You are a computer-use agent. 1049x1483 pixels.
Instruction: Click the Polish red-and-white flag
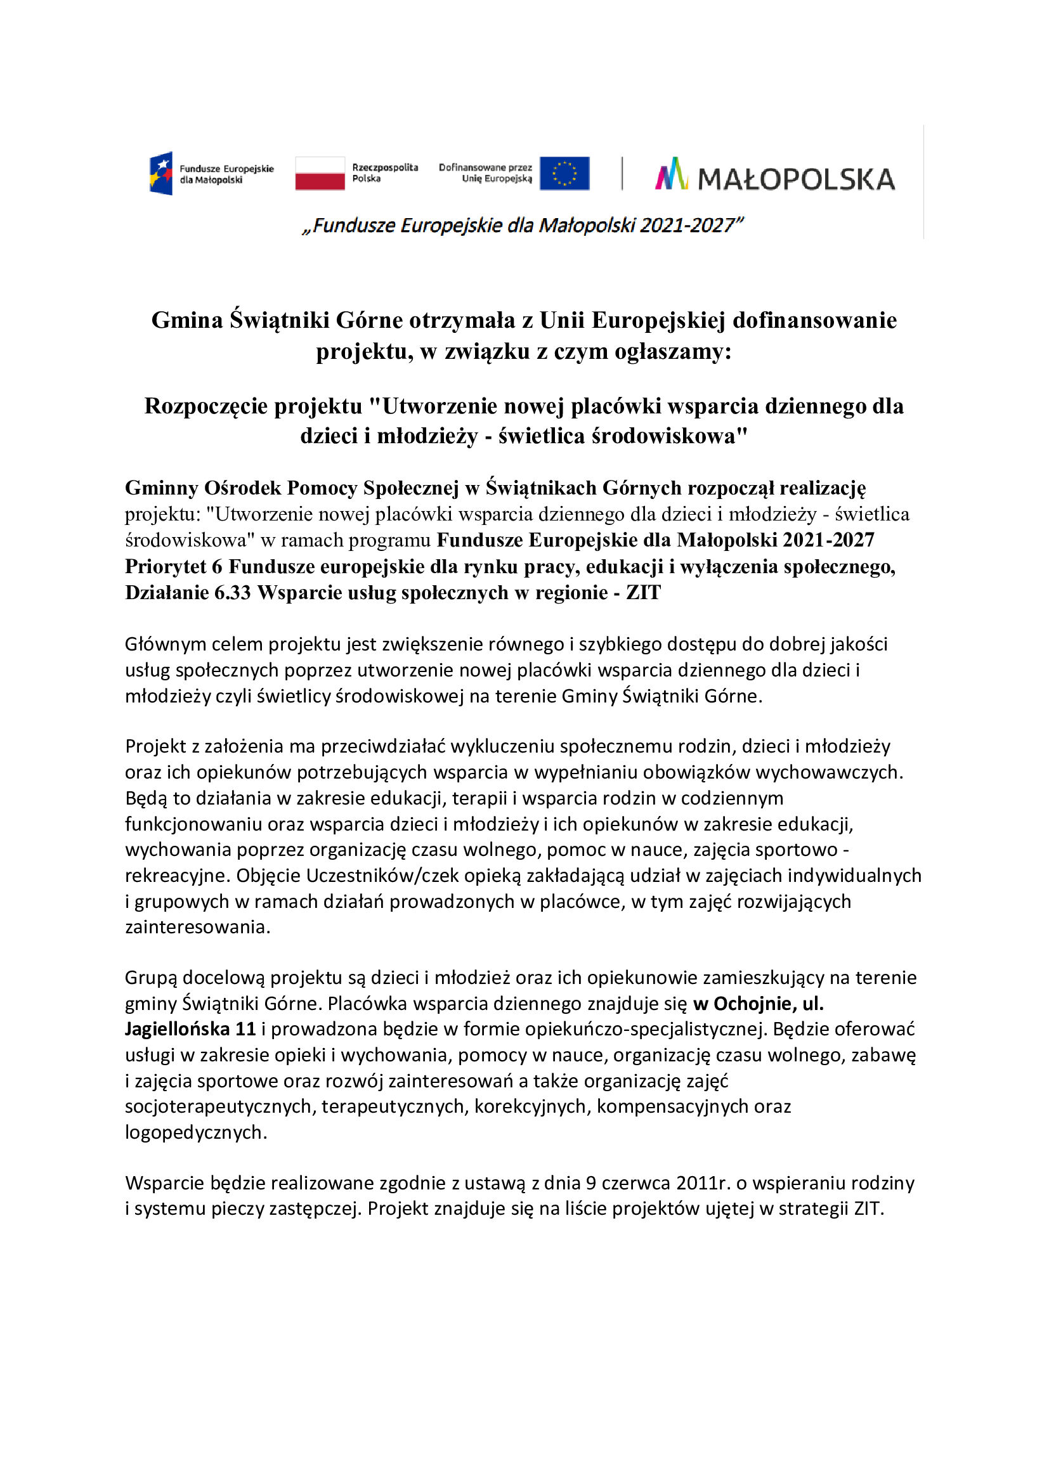(320, 173)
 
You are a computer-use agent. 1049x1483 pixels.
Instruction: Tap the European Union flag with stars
(564, 173)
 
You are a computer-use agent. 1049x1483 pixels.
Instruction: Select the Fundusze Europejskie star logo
(162, 173)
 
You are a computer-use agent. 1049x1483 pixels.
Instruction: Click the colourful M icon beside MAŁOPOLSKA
(671, 174)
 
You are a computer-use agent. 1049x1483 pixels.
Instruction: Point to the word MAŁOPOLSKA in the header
(797, 179)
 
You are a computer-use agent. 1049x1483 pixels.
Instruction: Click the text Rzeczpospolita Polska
(384, 173)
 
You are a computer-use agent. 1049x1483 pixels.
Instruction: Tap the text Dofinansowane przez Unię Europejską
(485, 173)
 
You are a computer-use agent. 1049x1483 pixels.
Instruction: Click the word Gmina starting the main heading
(186, 320)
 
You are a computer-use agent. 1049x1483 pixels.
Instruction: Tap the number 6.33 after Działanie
(232, 592)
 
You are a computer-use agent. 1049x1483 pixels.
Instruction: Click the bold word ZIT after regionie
(642, 592)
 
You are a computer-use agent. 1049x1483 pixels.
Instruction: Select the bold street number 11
(245, 1029)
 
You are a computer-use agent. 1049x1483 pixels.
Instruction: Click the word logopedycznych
(195, 1132)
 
